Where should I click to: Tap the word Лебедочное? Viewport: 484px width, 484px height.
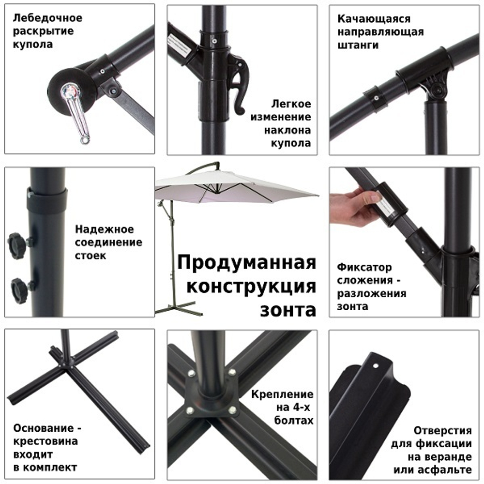(x=47, y=18)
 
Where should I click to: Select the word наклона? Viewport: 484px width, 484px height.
(x=287, y=131)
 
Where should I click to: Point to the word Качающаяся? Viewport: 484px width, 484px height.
(x=374, y=19)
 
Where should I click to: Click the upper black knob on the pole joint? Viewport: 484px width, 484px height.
(x=17, y=240)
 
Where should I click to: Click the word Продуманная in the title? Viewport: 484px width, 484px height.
(x=246, y=263)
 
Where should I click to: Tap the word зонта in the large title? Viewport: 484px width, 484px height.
(x=288, y=309)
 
